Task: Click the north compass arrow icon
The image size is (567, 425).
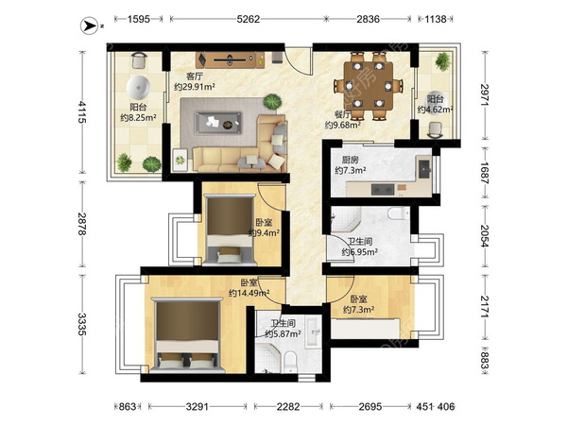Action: point(89,26)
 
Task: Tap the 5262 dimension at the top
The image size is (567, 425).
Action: point(248,19)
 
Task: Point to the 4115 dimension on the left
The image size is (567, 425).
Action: point(82,112)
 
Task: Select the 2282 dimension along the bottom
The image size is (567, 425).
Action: point(288,407)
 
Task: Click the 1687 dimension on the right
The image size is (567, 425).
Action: point(485,173)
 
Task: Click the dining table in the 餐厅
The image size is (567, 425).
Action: point(369,86)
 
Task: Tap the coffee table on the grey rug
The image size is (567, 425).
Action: point(218,123)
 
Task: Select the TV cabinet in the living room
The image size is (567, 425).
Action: point(231,60)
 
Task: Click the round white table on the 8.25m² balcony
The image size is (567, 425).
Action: point(138,88)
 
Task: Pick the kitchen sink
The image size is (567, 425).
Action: point(423,168)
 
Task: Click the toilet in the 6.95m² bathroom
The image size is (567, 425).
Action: point(399,212)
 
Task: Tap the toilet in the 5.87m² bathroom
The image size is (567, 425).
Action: point(290,363)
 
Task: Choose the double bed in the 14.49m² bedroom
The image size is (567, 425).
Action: point(187,335)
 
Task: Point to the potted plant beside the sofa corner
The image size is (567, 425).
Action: point(272,102)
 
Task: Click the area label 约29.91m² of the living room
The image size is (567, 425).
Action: point(195,87)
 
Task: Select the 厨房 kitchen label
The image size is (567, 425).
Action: point(350,161)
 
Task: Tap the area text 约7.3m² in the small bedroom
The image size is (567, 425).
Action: point(358,310)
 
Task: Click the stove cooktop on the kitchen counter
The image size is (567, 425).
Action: point(383,189)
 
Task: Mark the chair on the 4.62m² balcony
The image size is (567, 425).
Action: point(435,130)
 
